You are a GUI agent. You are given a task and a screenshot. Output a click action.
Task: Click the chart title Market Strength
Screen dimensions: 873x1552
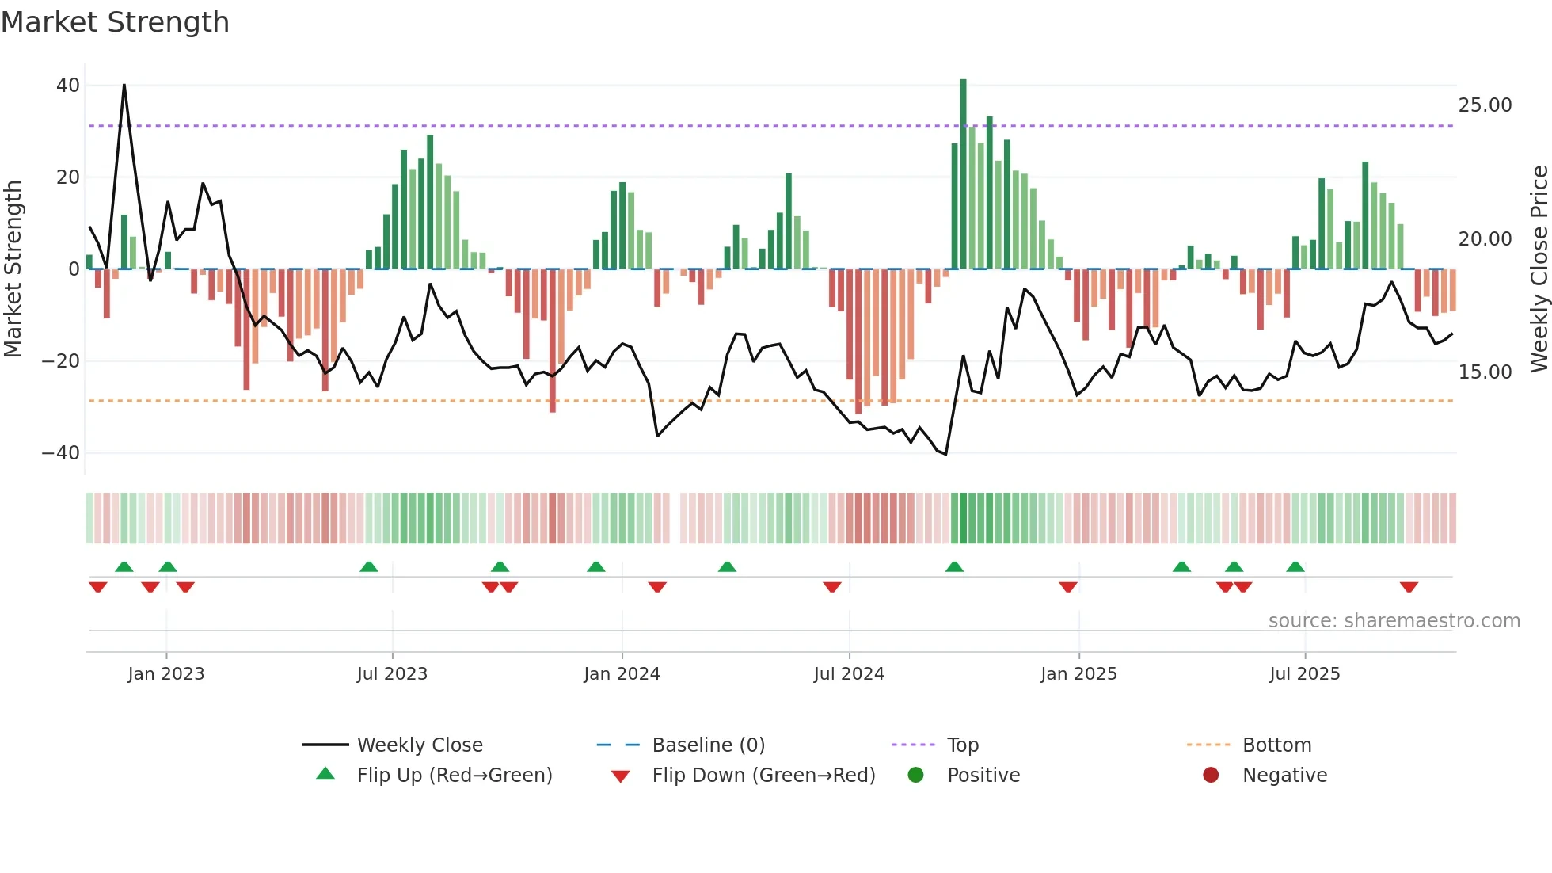point(115,22)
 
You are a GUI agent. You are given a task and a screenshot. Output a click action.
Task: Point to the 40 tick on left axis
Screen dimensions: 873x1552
point(68,85)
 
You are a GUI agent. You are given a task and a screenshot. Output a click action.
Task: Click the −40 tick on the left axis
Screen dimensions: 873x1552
point(61,453)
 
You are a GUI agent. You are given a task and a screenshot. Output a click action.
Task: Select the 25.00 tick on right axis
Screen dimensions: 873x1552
point(1485,105)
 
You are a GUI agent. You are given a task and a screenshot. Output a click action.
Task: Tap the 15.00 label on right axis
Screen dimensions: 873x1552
point(1485,372)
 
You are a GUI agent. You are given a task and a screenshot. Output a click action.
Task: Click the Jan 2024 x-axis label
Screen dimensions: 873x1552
point(622,674)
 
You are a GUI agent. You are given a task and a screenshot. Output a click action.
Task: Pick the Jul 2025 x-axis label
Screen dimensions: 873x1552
point(1304,674)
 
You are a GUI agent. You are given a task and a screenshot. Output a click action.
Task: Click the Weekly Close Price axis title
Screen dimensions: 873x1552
point(1539,269)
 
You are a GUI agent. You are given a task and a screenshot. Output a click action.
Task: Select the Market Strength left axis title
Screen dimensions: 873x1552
point(13,269)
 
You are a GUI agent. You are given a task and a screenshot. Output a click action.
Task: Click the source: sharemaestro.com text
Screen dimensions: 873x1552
point(1394,621)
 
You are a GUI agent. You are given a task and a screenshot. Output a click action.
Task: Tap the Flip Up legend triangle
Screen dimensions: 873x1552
point(325,774)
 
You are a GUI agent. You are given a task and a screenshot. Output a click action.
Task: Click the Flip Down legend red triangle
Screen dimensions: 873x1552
point(621,776)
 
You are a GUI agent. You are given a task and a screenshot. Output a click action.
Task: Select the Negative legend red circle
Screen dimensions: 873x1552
point(1211,775)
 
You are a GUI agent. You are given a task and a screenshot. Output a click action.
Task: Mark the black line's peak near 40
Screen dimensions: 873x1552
point(124,85)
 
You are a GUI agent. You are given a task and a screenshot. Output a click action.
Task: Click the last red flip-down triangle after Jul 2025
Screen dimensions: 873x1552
point(1409,587)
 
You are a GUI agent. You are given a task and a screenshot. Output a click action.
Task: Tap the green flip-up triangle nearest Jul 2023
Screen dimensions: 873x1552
point(369,566)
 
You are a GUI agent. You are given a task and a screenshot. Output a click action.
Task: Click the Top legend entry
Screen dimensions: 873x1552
point(962,745)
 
